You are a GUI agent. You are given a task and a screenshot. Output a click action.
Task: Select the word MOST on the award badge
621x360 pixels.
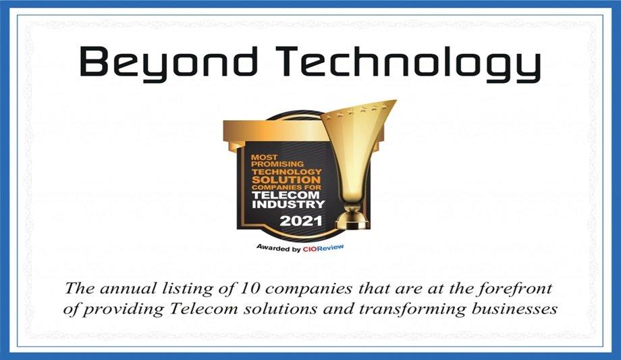[x=264, y=157]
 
